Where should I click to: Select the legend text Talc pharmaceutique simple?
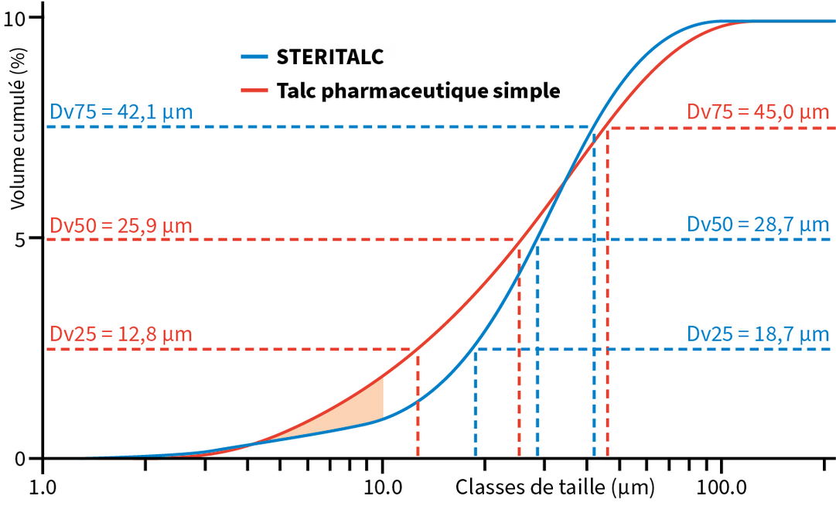coord(418,91)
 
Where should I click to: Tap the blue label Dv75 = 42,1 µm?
coord(121,113)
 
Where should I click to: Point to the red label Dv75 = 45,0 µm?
coord(757,113)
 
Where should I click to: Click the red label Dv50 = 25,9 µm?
coord(121,226)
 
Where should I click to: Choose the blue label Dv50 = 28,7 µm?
coord(757,225)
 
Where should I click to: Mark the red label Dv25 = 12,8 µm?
coord(121,335)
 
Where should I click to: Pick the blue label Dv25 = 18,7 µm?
coord(757,335)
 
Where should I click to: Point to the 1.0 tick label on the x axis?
coord(43,488)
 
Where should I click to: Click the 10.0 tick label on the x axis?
coord(382,488)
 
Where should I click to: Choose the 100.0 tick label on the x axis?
coord(722,488)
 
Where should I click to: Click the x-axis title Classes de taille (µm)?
coord(554,488)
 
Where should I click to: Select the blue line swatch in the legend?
coord(253,57)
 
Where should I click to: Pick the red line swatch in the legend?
coord(253,91)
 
